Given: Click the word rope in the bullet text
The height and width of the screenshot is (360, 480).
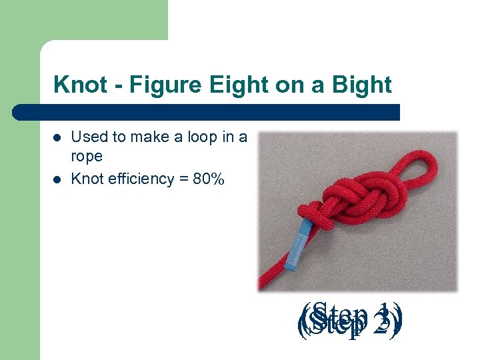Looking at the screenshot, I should click(86, 157).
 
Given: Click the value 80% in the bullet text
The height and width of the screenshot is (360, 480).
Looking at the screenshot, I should click(209, 179).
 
